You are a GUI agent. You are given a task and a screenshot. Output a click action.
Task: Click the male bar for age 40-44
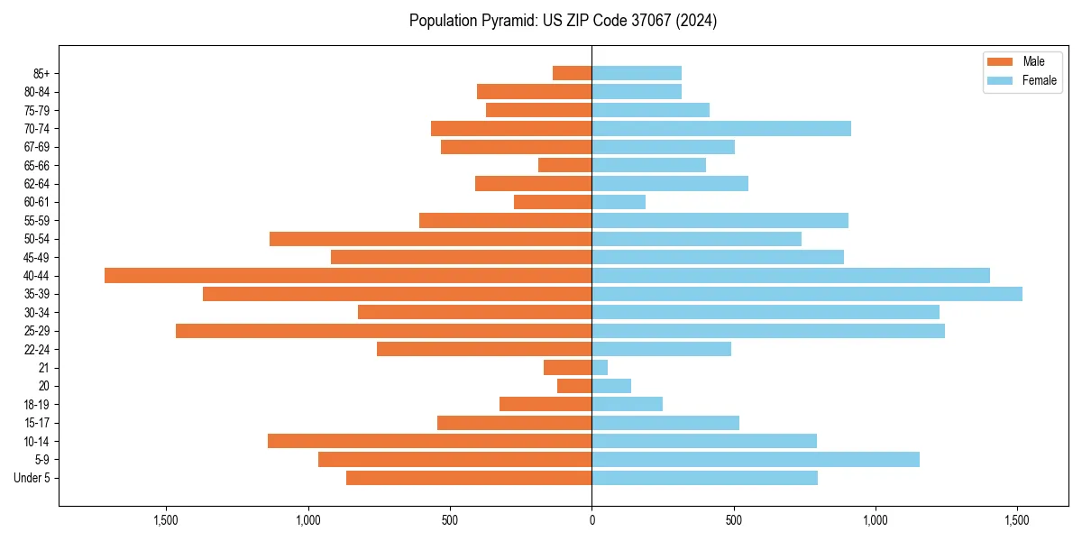click(348, 275)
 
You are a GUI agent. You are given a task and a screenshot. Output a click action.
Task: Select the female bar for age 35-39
click(807, 294)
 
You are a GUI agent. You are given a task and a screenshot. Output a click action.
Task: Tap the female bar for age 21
click(600, 367)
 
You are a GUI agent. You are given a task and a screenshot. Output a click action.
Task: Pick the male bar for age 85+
click(572, 73)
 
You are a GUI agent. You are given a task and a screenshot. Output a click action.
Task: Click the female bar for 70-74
click(721, 128)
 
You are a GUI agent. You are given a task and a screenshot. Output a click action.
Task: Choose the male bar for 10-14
click(429, 441)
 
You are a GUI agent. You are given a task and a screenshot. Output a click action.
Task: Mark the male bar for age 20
click(574, 386)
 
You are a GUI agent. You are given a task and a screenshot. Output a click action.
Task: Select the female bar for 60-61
click(619, 202)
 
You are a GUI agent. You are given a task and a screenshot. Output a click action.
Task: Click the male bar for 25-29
click(383, 331)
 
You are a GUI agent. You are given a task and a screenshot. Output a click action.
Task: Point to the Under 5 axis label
click(32, 478)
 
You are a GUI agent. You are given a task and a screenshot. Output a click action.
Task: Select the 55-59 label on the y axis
click(37, 220)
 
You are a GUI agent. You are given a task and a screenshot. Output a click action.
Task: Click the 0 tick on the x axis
click(591, 520)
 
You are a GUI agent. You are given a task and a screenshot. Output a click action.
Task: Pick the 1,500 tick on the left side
click(166, 520)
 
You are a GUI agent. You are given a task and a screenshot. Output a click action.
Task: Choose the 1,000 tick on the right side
click(876, 520)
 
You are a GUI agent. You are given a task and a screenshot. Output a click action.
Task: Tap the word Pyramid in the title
click(506, 21)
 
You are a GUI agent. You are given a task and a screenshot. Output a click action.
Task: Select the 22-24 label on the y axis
click(37, 349)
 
